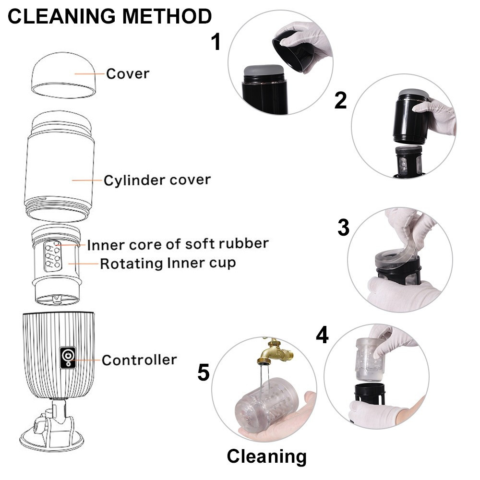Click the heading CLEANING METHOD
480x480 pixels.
coord(109,17)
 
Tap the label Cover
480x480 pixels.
coord(127,74)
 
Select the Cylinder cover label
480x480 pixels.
coord(157,180)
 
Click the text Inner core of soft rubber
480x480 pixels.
coord(177,244)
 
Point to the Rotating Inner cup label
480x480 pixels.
coord(168,263)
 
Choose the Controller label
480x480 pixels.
coord(139,360)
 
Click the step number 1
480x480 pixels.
coord(216,42)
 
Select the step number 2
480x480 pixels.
coord(340,100)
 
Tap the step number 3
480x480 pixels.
coord(343,228)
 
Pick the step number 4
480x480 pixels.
coord(322,335)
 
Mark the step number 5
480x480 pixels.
coord(204,373)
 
